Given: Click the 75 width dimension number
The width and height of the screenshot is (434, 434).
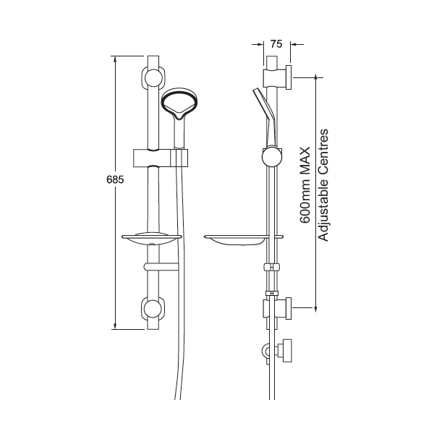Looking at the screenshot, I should [x=275, y=43].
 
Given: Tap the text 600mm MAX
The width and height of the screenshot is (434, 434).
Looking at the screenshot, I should [x=305, y=184].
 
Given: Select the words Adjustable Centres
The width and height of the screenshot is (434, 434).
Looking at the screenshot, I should [x=323, y=184].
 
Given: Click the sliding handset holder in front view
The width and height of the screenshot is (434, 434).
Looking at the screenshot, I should [x=159, y=156].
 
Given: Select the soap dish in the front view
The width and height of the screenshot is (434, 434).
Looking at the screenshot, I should [x=153, y=238].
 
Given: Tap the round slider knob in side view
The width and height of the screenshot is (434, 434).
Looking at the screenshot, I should [x=269, y=155].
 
